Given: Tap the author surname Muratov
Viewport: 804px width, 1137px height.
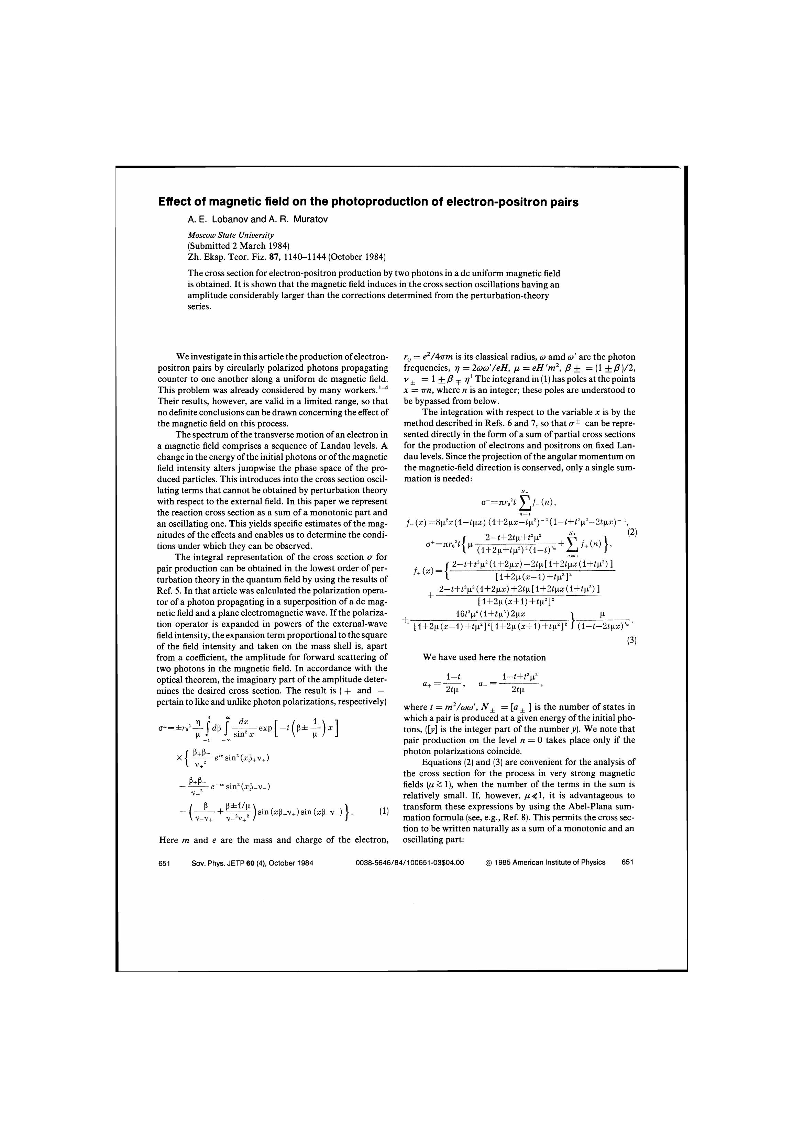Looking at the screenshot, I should [311, 219].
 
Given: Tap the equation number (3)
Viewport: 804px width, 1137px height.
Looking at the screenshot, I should [631, 640].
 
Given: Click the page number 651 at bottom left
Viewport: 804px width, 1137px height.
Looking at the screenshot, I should [164, 862].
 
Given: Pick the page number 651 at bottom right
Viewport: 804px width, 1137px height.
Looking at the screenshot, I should [627, 862].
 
